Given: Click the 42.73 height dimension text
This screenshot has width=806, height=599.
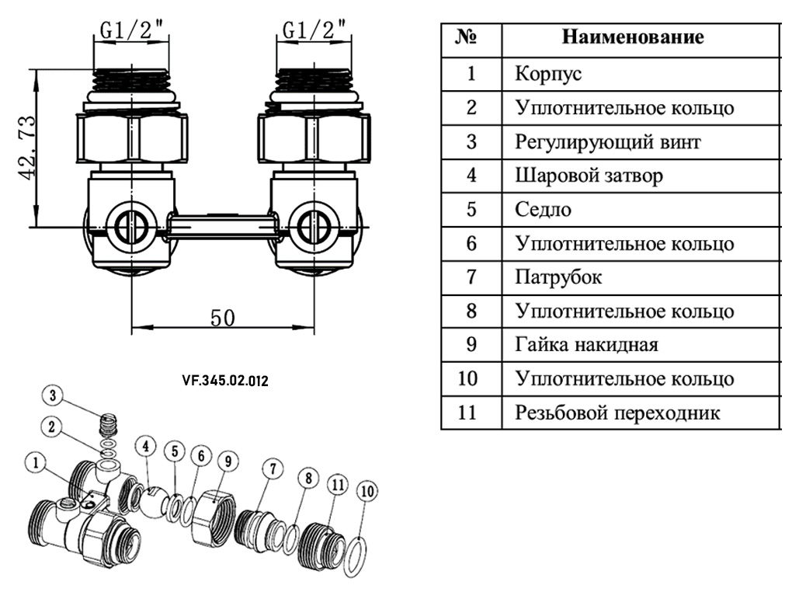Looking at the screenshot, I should [28, 147].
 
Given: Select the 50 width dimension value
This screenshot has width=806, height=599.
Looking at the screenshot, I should [222, 318].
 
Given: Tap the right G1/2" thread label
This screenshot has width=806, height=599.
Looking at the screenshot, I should [314, 30].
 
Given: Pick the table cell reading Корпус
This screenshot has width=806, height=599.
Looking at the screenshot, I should [548, 75].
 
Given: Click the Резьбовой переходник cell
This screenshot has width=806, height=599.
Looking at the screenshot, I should [617, 413].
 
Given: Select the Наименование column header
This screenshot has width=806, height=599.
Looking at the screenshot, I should [632, 37].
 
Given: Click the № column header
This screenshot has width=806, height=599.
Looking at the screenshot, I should [470, 37].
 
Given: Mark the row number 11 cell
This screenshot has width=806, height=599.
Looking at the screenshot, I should [471, 413].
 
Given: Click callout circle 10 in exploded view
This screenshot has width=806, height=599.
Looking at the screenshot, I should [367, 491].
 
